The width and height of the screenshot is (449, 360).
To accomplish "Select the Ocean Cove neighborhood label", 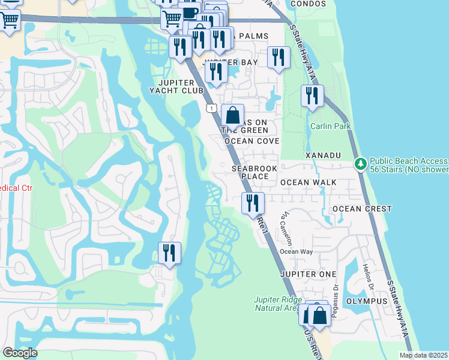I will pos(252,141).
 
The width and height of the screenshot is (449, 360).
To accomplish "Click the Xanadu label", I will pos(323,155).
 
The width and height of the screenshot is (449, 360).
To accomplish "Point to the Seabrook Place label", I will pos(255,173).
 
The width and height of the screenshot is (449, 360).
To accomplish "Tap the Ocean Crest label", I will pos(362,209).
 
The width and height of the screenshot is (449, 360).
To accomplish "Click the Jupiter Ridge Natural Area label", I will pos(277,304).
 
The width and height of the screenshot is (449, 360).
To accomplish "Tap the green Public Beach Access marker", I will pos(360,163).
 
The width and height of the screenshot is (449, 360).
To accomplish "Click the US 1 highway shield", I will pos(211,108).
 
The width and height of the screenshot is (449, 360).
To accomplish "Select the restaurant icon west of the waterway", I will pos(169,253).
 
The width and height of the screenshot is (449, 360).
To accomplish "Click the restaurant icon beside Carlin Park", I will pos(312,96).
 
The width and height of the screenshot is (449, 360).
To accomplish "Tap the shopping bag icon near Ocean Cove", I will pos(233,115).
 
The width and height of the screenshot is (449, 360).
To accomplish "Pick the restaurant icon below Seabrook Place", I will pos(252,203).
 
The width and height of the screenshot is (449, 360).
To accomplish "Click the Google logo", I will pos(20,353).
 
